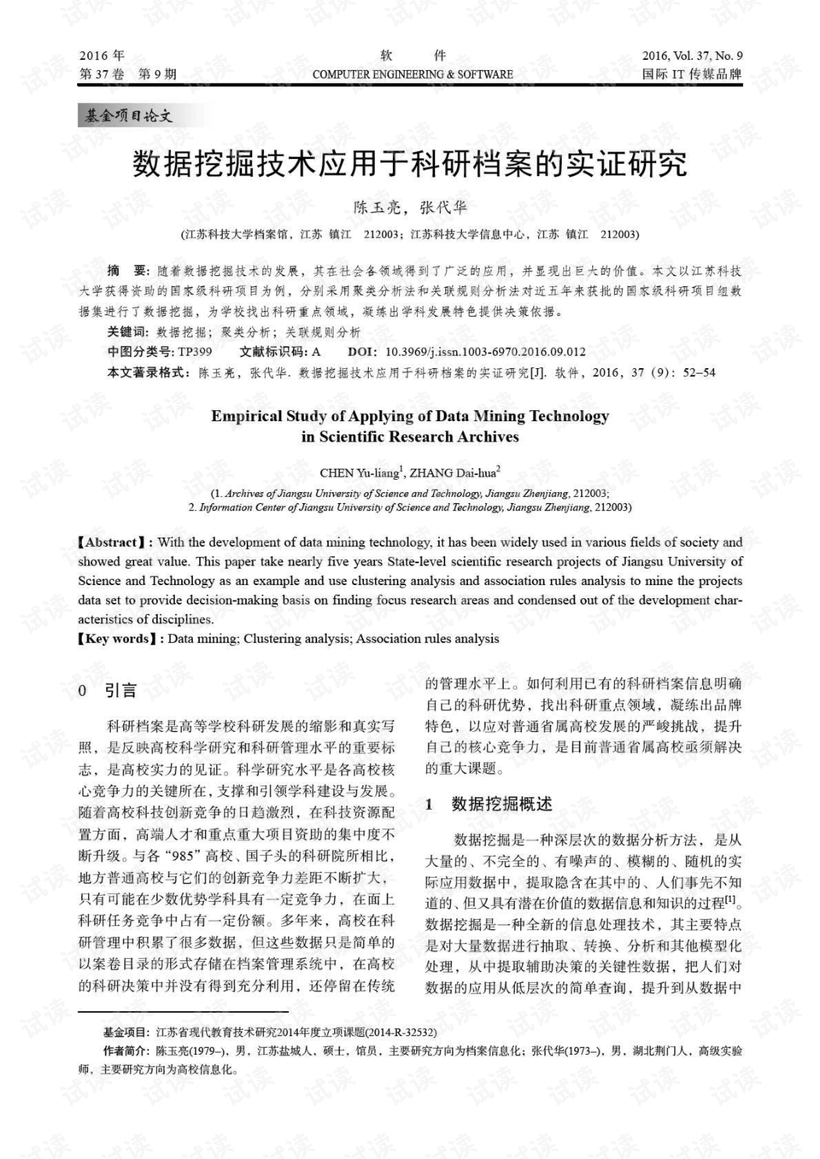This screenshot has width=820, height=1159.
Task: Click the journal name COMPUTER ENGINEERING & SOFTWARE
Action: [x=413, y=75]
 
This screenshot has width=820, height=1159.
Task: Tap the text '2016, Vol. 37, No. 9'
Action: [x=692, y=56]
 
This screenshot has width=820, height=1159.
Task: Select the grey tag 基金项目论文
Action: [x=129, y=115]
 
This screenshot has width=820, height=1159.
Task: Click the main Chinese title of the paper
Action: [x=410, y=163]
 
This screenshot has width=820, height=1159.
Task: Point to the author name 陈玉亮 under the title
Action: [x=376, y=208]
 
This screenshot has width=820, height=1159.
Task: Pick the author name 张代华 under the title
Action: [x=443, y=208]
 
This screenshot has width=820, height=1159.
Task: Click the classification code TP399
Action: [x=195, y=352]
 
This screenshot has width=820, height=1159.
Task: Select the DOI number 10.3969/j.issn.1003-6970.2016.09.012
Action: [x=485, y=352]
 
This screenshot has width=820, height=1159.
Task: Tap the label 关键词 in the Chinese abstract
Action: [x=127, y=332]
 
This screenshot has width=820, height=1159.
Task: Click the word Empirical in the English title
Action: [x=246, y=417]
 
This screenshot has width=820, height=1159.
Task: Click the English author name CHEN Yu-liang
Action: [x=359, y=473]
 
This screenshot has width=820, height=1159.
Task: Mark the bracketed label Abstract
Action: [x=112, y=542]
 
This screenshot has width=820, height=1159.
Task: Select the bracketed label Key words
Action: [x=117, y=639]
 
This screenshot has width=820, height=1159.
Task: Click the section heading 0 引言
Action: [x=108, y=690]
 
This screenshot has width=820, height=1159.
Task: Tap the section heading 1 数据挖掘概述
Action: [x=489, y=804]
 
